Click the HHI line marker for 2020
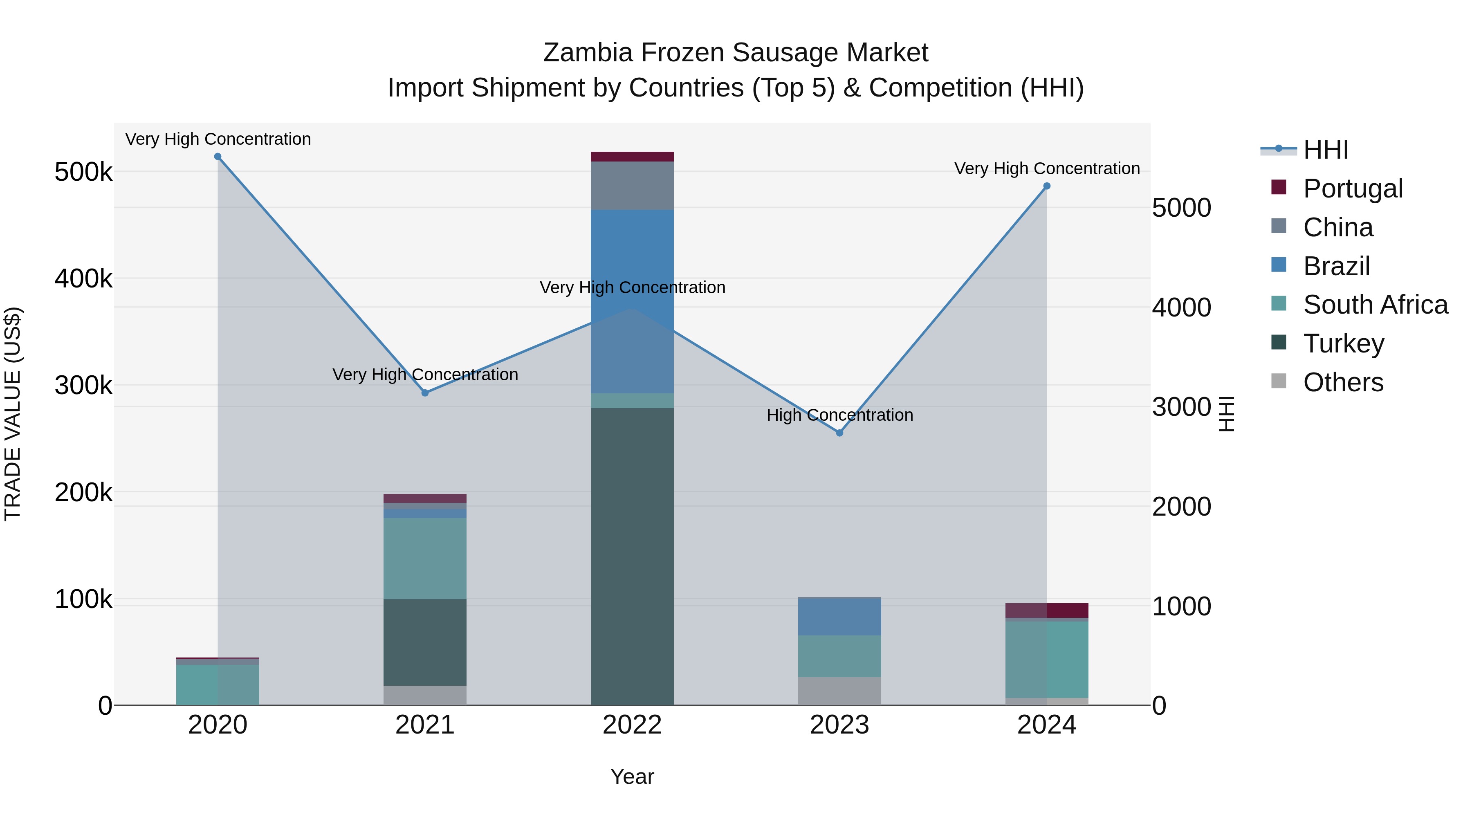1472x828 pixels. click(218, 157)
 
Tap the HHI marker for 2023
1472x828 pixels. click(839, 433)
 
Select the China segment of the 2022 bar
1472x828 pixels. click(632, 186)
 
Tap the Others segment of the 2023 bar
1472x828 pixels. click(839, 691)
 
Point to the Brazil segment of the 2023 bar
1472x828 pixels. click(839, 617)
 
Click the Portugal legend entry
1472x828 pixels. click(1352, 188)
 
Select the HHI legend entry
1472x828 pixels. click(1325, 150)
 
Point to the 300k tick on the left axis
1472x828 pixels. click(83, 386)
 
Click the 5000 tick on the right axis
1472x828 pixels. click(1181, 208)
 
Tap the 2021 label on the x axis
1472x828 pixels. click(424, 725)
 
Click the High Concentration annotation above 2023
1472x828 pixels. click(839, 415)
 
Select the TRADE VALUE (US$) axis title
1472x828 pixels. click(13, 414)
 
